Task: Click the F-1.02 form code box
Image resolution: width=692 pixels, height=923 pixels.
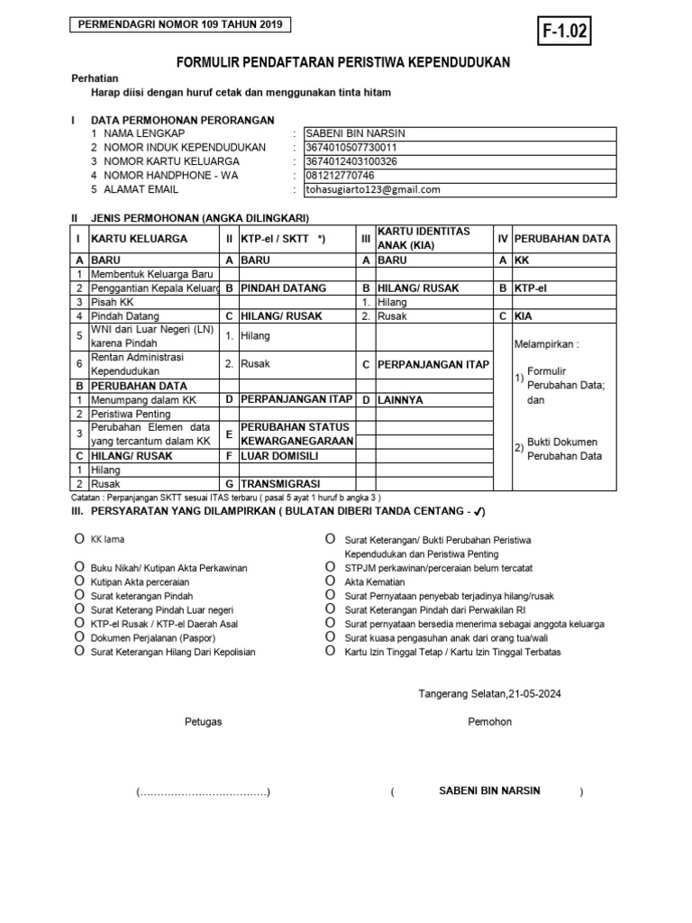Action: pos(565,32)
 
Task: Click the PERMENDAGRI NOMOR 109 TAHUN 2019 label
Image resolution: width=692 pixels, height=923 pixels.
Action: pos(181,25)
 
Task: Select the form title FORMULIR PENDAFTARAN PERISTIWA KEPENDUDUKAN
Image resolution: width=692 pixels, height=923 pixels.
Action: pos(342,62)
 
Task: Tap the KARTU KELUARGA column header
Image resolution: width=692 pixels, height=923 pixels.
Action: pos(140,239)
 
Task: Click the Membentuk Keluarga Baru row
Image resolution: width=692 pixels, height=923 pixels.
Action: pos(151,273)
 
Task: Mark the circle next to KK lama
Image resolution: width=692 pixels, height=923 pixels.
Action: pos(78,538)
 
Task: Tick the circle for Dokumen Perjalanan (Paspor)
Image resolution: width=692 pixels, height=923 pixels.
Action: pos(78,636)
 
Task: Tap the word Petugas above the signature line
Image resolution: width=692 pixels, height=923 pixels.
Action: pos(203,722)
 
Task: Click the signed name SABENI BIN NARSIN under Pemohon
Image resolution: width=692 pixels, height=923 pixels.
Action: pos(489,790)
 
